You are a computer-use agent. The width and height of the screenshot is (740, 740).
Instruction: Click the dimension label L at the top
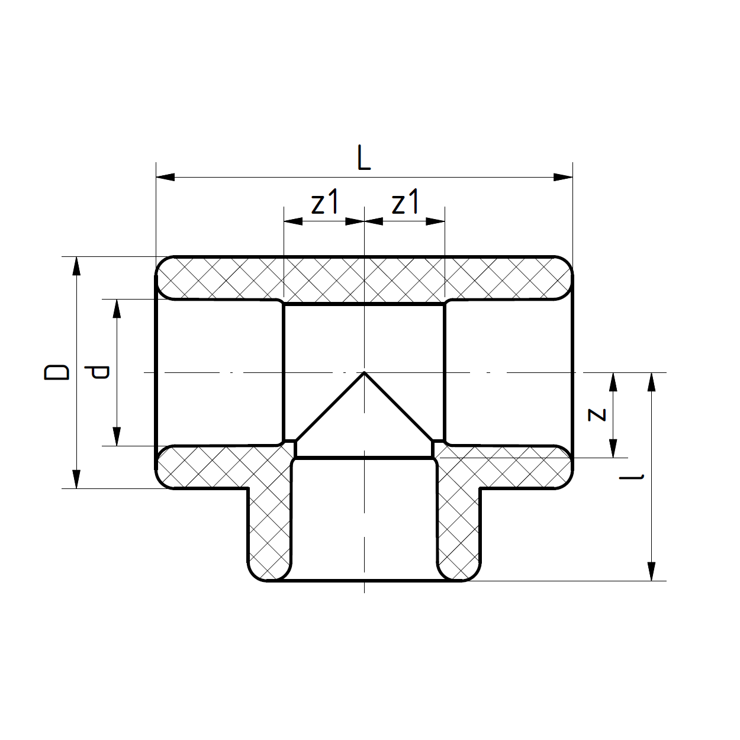coord(363,158)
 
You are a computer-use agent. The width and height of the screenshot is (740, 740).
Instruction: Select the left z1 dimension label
coord(325,202)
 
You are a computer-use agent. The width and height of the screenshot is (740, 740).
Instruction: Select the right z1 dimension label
coord(406,202)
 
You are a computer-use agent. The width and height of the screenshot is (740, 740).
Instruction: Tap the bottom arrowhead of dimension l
coord(652,571)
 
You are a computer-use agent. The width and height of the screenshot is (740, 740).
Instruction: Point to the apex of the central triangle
coord(364,372)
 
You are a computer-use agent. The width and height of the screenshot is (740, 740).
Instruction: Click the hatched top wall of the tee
coord(364,278)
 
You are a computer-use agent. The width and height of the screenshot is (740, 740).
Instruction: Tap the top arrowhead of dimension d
coord(117,308)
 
